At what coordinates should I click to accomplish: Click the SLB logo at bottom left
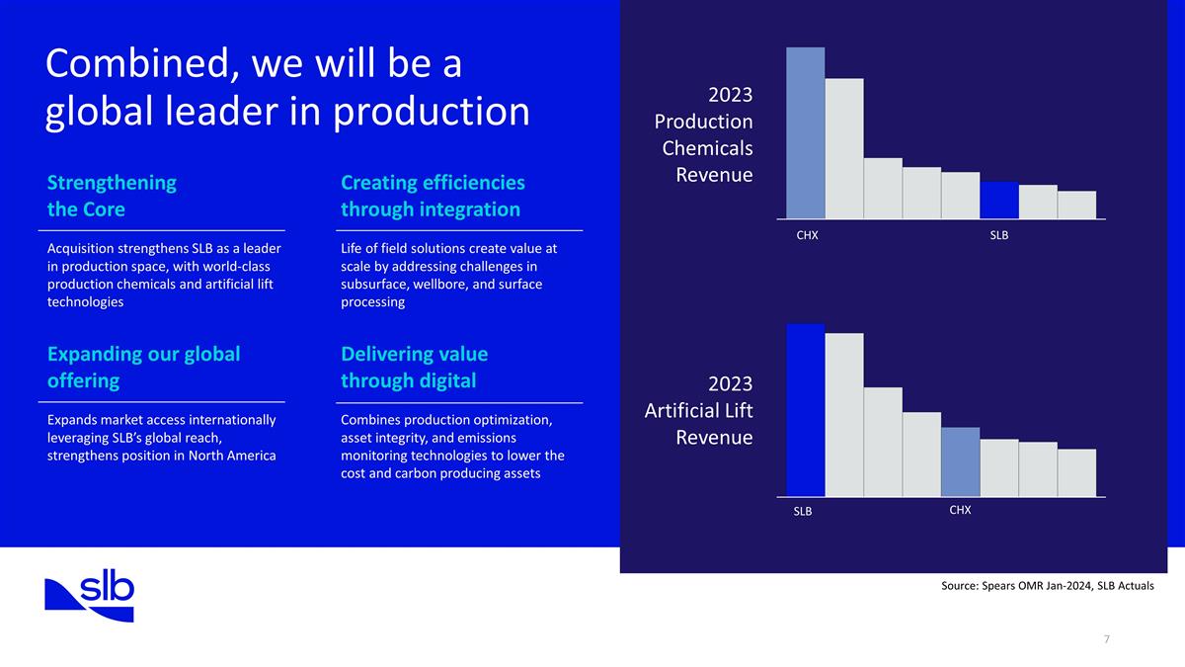pyautogui.click(x=89, y=596)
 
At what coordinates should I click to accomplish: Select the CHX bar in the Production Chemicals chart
pyautogui.click(x=805, y=132)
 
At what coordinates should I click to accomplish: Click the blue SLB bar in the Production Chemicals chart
pyautogui.click(x=998, y=200)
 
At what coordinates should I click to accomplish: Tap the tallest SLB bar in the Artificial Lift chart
pyautogui.click(x=805, y=410)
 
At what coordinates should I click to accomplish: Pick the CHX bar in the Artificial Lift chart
pyautogui.click(x=960, y=461)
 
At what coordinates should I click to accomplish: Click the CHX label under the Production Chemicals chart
pyautogui.click(x=807, y=236)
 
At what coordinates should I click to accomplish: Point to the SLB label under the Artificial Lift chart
pyautogui.click(x=802, y=512)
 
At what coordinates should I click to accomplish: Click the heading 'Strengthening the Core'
pyautogui.click(x=112, y=196)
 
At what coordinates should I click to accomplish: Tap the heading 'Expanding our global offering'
pyautogui.click(x=143, y=367)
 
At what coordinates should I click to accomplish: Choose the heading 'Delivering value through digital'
pyautogui.click(x=414, y=367)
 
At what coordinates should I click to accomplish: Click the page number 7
pyautogui.click(x=1106, y=639)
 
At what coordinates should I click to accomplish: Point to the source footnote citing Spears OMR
pyautogui.click(x=1048, y=586)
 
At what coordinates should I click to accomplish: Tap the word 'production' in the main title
pyautogui.click(x=431, y=112)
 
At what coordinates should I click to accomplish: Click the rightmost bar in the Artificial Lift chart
pyautogui.click(x=1076, y=472)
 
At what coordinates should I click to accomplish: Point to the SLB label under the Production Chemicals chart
pyautogui.click(x=998, y=236)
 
